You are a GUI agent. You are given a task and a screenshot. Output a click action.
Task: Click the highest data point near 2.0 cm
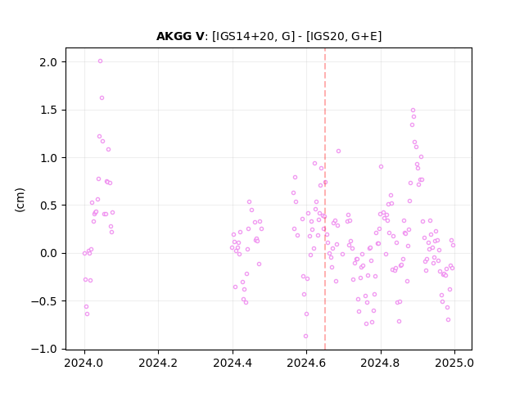click(100, 61)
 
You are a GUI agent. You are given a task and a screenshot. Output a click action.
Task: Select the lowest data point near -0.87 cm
click(305, 337)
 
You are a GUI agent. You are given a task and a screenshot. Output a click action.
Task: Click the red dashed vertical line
click(325, 199)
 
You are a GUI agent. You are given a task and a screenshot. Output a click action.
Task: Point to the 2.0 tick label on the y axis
click(48, 62)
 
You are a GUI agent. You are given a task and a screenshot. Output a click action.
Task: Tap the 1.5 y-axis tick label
click(48, 110)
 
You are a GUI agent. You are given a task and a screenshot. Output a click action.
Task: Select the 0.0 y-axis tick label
click(48, 253)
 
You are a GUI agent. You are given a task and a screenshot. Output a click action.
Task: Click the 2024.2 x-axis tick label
click(158, 363)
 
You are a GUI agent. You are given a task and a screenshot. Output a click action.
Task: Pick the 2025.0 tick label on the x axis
click(454, 363)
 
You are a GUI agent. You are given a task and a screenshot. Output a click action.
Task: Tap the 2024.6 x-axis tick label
click(306, 363)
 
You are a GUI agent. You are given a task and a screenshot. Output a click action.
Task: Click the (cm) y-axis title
click(20, 200)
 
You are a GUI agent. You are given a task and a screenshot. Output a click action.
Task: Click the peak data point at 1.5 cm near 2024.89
click(413, 111)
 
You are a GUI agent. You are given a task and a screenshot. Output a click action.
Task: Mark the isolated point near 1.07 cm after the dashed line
click(338, 151)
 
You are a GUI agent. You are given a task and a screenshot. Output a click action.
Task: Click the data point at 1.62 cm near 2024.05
click(102, 98)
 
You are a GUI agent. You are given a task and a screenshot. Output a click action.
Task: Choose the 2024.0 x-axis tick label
click(84, 363)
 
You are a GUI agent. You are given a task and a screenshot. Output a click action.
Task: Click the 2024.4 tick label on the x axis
click(233, 363)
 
